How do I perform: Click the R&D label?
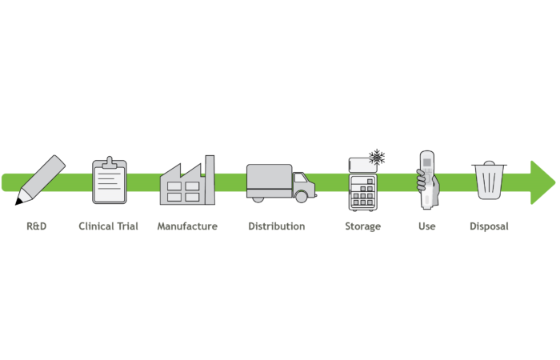tap(37, 226)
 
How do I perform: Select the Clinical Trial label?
tap(108, 226)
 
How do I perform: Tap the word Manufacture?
tap(187, 226)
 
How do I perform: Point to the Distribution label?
tap(276, 226)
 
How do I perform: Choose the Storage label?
tap(363, 226)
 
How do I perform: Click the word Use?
tap(426, 226)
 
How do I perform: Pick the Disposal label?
tap(489, 226)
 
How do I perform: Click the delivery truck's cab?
tap(303, 185)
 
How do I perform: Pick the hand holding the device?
tap(423, 184)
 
